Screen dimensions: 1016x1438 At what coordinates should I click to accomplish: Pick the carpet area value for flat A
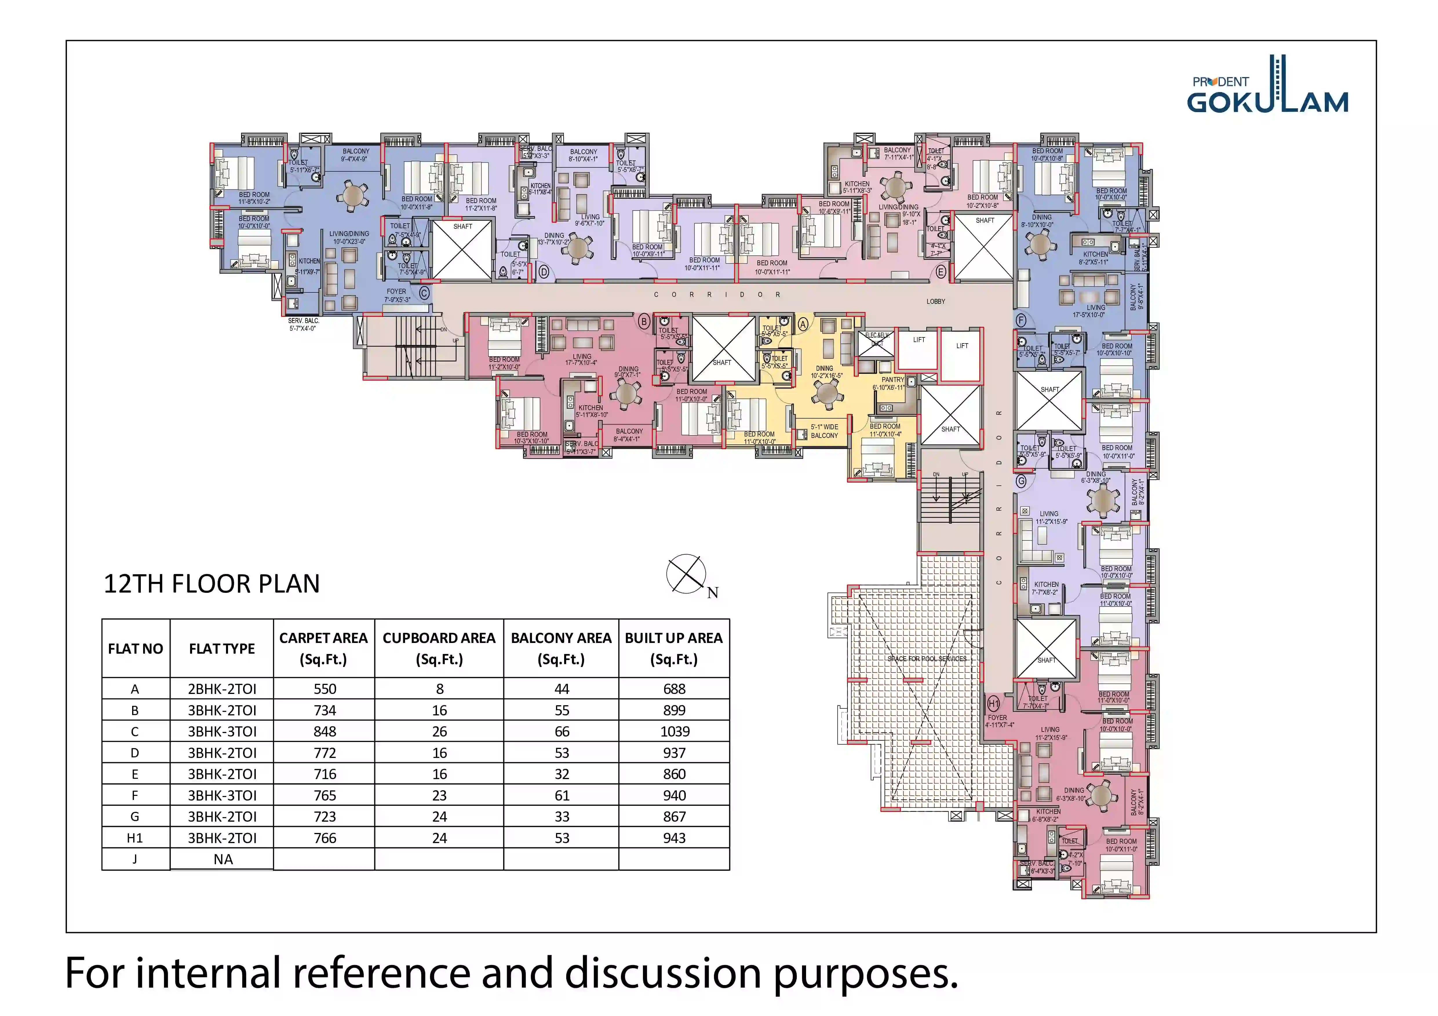pyautogui.click(x=325, y=689)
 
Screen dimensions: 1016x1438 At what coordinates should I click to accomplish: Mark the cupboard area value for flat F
pyautogui.click(x=439, y=795)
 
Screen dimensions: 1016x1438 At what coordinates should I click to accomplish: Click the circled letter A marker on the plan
pyautogui.click(x=803, y=324)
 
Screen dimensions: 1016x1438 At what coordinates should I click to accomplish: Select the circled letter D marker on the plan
pyautogui.click(x=544, y=272)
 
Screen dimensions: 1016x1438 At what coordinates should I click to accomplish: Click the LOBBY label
pyautogui.click(x=936, y=301)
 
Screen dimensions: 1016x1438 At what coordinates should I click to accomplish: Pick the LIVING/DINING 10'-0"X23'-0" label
pyautogui.click(x=349, y=237)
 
